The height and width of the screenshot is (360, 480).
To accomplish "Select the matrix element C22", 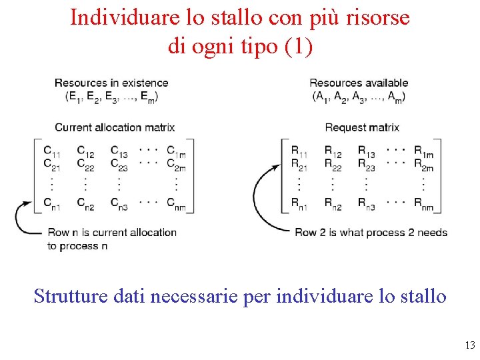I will [x=85, y=163].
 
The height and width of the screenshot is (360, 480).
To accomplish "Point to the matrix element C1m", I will [x=176, y=151].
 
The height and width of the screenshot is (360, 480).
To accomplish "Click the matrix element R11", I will [x=299, y=151].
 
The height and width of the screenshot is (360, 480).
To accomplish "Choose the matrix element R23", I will [x=366, y=163].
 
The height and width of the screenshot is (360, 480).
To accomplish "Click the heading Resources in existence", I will [x=111, y=83].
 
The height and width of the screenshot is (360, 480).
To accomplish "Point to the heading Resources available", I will [x=359, y=83].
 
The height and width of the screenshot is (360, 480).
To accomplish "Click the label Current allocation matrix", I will [x=115, y=127].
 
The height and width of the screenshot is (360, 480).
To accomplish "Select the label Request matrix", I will [x=362, y=127].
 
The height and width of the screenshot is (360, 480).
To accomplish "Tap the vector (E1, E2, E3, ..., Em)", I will [x=112, y=96].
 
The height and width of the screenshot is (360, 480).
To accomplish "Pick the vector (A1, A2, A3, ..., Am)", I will [x=359, y=96].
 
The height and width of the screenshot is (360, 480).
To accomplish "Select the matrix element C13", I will [x=119, y=151].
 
